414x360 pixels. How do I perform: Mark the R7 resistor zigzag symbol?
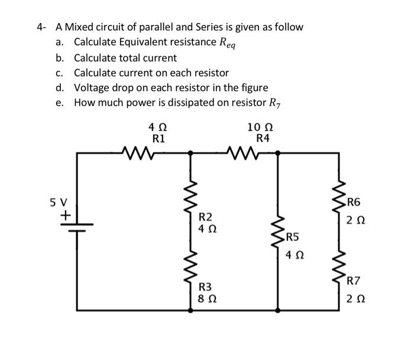point(338,263)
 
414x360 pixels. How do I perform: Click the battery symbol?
point(76,228)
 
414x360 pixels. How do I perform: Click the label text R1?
point(159,139)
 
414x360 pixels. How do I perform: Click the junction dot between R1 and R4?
point(190,153)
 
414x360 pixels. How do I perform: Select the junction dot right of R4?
point(278,153)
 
